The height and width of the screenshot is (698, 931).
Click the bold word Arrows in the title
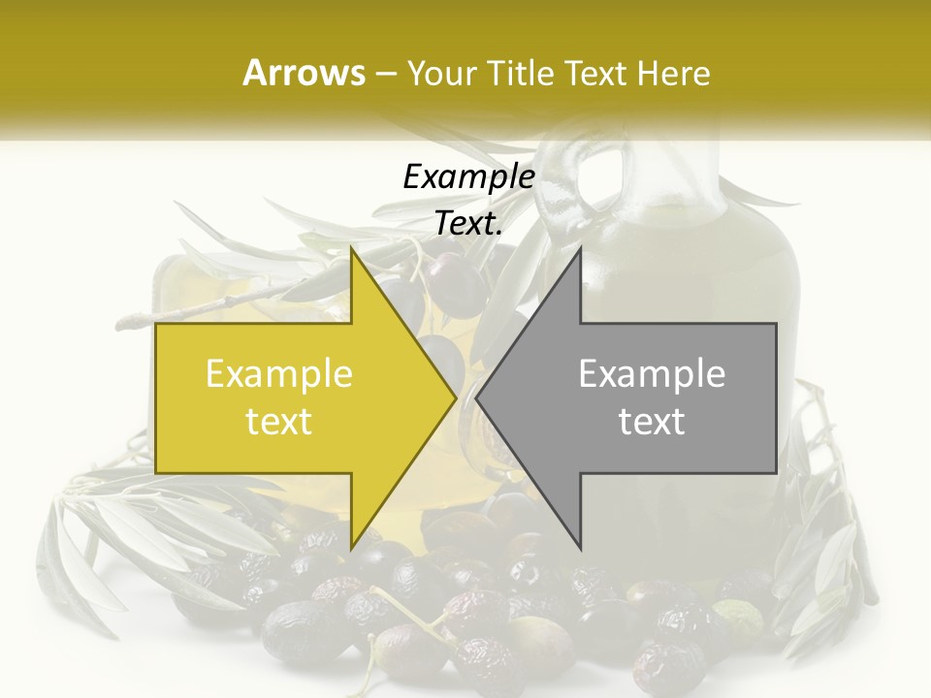tap(304, 73)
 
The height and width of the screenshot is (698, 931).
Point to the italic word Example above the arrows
tap(468, 176)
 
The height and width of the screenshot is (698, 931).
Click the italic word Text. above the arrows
tap(468, 223)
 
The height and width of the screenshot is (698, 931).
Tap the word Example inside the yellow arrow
tap(279, 374)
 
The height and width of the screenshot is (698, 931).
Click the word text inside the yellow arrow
tap(279, 422)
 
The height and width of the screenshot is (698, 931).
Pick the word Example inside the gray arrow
tap(652, 374)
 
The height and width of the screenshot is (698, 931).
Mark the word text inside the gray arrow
tap(652, 422)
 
